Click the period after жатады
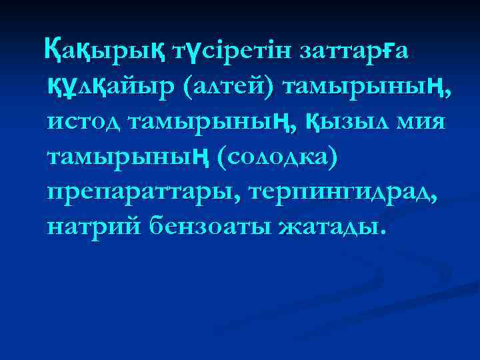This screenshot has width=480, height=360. pyautogui.click(x=382, y=235)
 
